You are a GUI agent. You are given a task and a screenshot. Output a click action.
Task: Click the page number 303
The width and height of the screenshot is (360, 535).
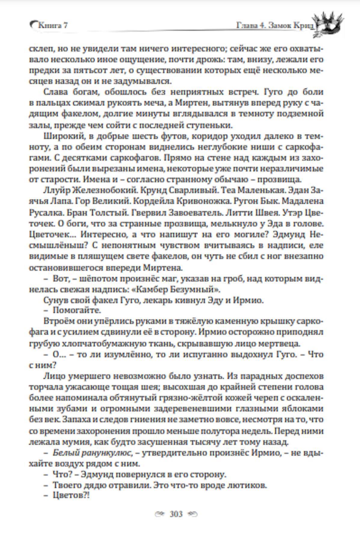[x=176, y=514]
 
